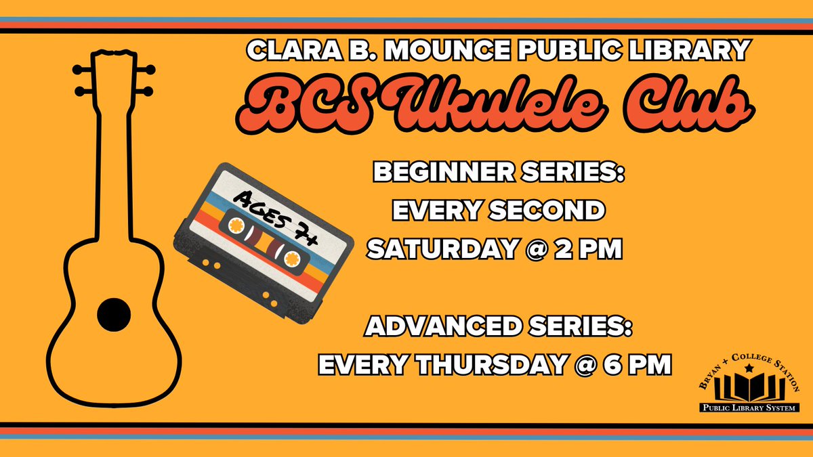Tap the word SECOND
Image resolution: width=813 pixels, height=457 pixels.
coord(546,211)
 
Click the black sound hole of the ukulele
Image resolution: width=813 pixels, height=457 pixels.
coord(113,313)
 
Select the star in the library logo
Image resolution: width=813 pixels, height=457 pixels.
coord(749,369)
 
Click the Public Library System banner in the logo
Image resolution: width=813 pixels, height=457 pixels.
coord(749,408)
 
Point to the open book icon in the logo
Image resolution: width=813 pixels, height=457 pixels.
coord(749,389)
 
